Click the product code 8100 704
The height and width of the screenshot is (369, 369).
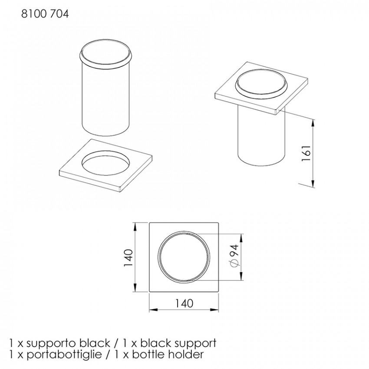click(x=45, y=14)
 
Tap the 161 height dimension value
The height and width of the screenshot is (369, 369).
click(x=306, y=153)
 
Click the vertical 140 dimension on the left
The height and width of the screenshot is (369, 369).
click(x=129, y=258)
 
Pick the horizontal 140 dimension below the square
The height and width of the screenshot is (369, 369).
click(x=184, y=303)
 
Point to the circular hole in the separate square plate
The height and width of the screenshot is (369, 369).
click(x=105, y=163)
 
